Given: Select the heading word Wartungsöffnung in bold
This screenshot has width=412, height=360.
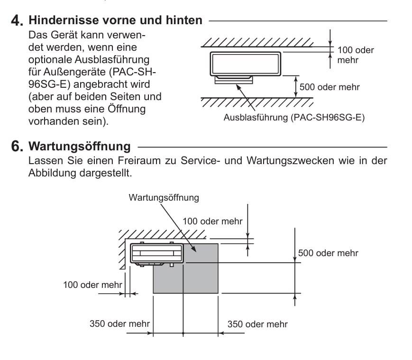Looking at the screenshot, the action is click(x=80, y=147).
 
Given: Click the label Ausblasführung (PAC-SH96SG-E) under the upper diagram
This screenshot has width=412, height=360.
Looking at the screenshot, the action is click(x=294, y=117).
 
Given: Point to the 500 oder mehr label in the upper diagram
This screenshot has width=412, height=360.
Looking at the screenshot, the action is click(x=330, y=87).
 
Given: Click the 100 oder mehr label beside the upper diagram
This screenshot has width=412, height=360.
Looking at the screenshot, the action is click(x=355, y=55).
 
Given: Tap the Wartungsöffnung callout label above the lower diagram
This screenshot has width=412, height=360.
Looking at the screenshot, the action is click(x=164, y=198).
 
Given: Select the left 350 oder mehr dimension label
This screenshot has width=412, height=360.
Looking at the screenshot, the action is click(x=119, y=323).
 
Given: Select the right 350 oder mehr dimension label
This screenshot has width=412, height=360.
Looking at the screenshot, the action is click(x=257, y=324).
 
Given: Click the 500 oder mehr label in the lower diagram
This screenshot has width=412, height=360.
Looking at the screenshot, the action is click(x=328, y=253).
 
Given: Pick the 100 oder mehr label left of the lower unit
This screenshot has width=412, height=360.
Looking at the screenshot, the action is click(x=92, y=285).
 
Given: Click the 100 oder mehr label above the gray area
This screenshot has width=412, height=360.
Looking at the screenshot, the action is click(x=212, y=221).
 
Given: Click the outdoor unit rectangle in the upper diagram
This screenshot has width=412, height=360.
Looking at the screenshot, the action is click(x=246, y=64).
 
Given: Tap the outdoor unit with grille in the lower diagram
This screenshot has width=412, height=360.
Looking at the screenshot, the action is click(x=157, y=254).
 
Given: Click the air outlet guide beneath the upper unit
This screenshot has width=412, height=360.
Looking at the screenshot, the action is click(x=234, y=80).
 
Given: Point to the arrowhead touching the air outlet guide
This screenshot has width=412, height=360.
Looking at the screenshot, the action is click(x=238, y=87).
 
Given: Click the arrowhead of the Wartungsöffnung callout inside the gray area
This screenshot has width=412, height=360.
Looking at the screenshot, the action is click(x=193, y=249).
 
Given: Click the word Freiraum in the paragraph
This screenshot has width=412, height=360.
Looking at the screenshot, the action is click(x=139, y=161).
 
